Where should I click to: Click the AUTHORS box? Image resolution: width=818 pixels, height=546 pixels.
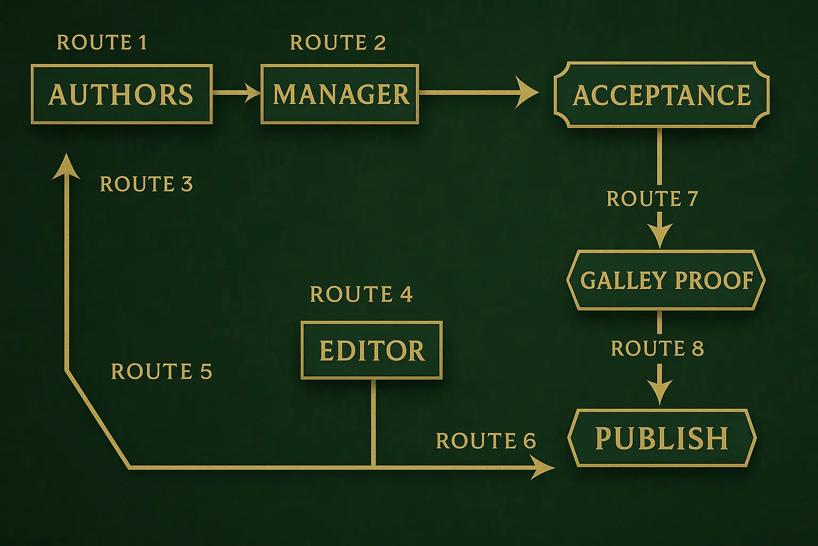pyautogui.click(x=121, y=94)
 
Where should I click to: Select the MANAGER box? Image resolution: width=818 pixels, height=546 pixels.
pyautogui.click(x=340, y=94)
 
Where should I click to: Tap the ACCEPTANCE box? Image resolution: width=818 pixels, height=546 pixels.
pyautogui.click(x=661, y=95)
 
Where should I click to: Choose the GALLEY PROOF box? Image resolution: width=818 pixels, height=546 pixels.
pyautogui.click(x=666, y=280)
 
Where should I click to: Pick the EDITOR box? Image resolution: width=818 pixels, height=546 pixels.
pyautogui.click(x=372, y=350)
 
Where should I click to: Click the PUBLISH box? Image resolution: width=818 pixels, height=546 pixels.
pyautogui.click(x=661, y=438)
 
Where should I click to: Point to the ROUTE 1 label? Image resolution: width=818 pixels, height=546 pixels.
pyautogui.click(x=102, y=43)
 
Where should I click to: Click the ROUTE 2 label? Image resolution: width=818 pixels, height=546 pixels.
pyautogui.click(x=338, y=43)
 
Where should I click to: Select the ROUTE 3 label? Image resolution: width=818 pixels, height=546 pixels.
pyautogui.click(x=146, y=184)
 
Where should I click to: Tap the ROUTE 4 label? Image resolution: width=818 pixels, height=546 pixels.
pyautogui.click(x=361, y=294)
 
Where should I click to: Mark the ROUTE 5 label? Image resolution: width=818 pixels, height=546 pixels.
pyautogui.click(x=161, y=372)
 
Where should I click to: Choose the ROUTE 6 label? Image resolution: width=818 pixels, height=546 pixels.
pyautogui.click(x=485, y=441)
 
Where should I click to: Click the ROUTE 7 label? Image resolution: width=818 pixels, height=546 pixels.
pyautogui.click(x=652, y=199)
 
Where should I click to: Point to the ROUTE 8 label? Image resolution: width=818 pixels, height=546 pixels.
pyautogui.click(x=657, y=349)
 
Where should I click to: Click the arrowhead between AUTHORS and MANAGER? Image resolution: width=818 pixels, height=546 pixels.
pyautogui.click(x=251, y=93)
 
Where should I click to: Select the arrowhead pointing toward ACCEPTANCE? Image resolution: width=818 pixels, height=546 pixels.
pyautogui.click(x=527, y=93)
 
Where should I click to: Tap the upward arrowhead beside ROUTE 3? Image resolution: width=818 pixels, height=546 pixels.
pyautogui.click(x=67, y=165)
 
